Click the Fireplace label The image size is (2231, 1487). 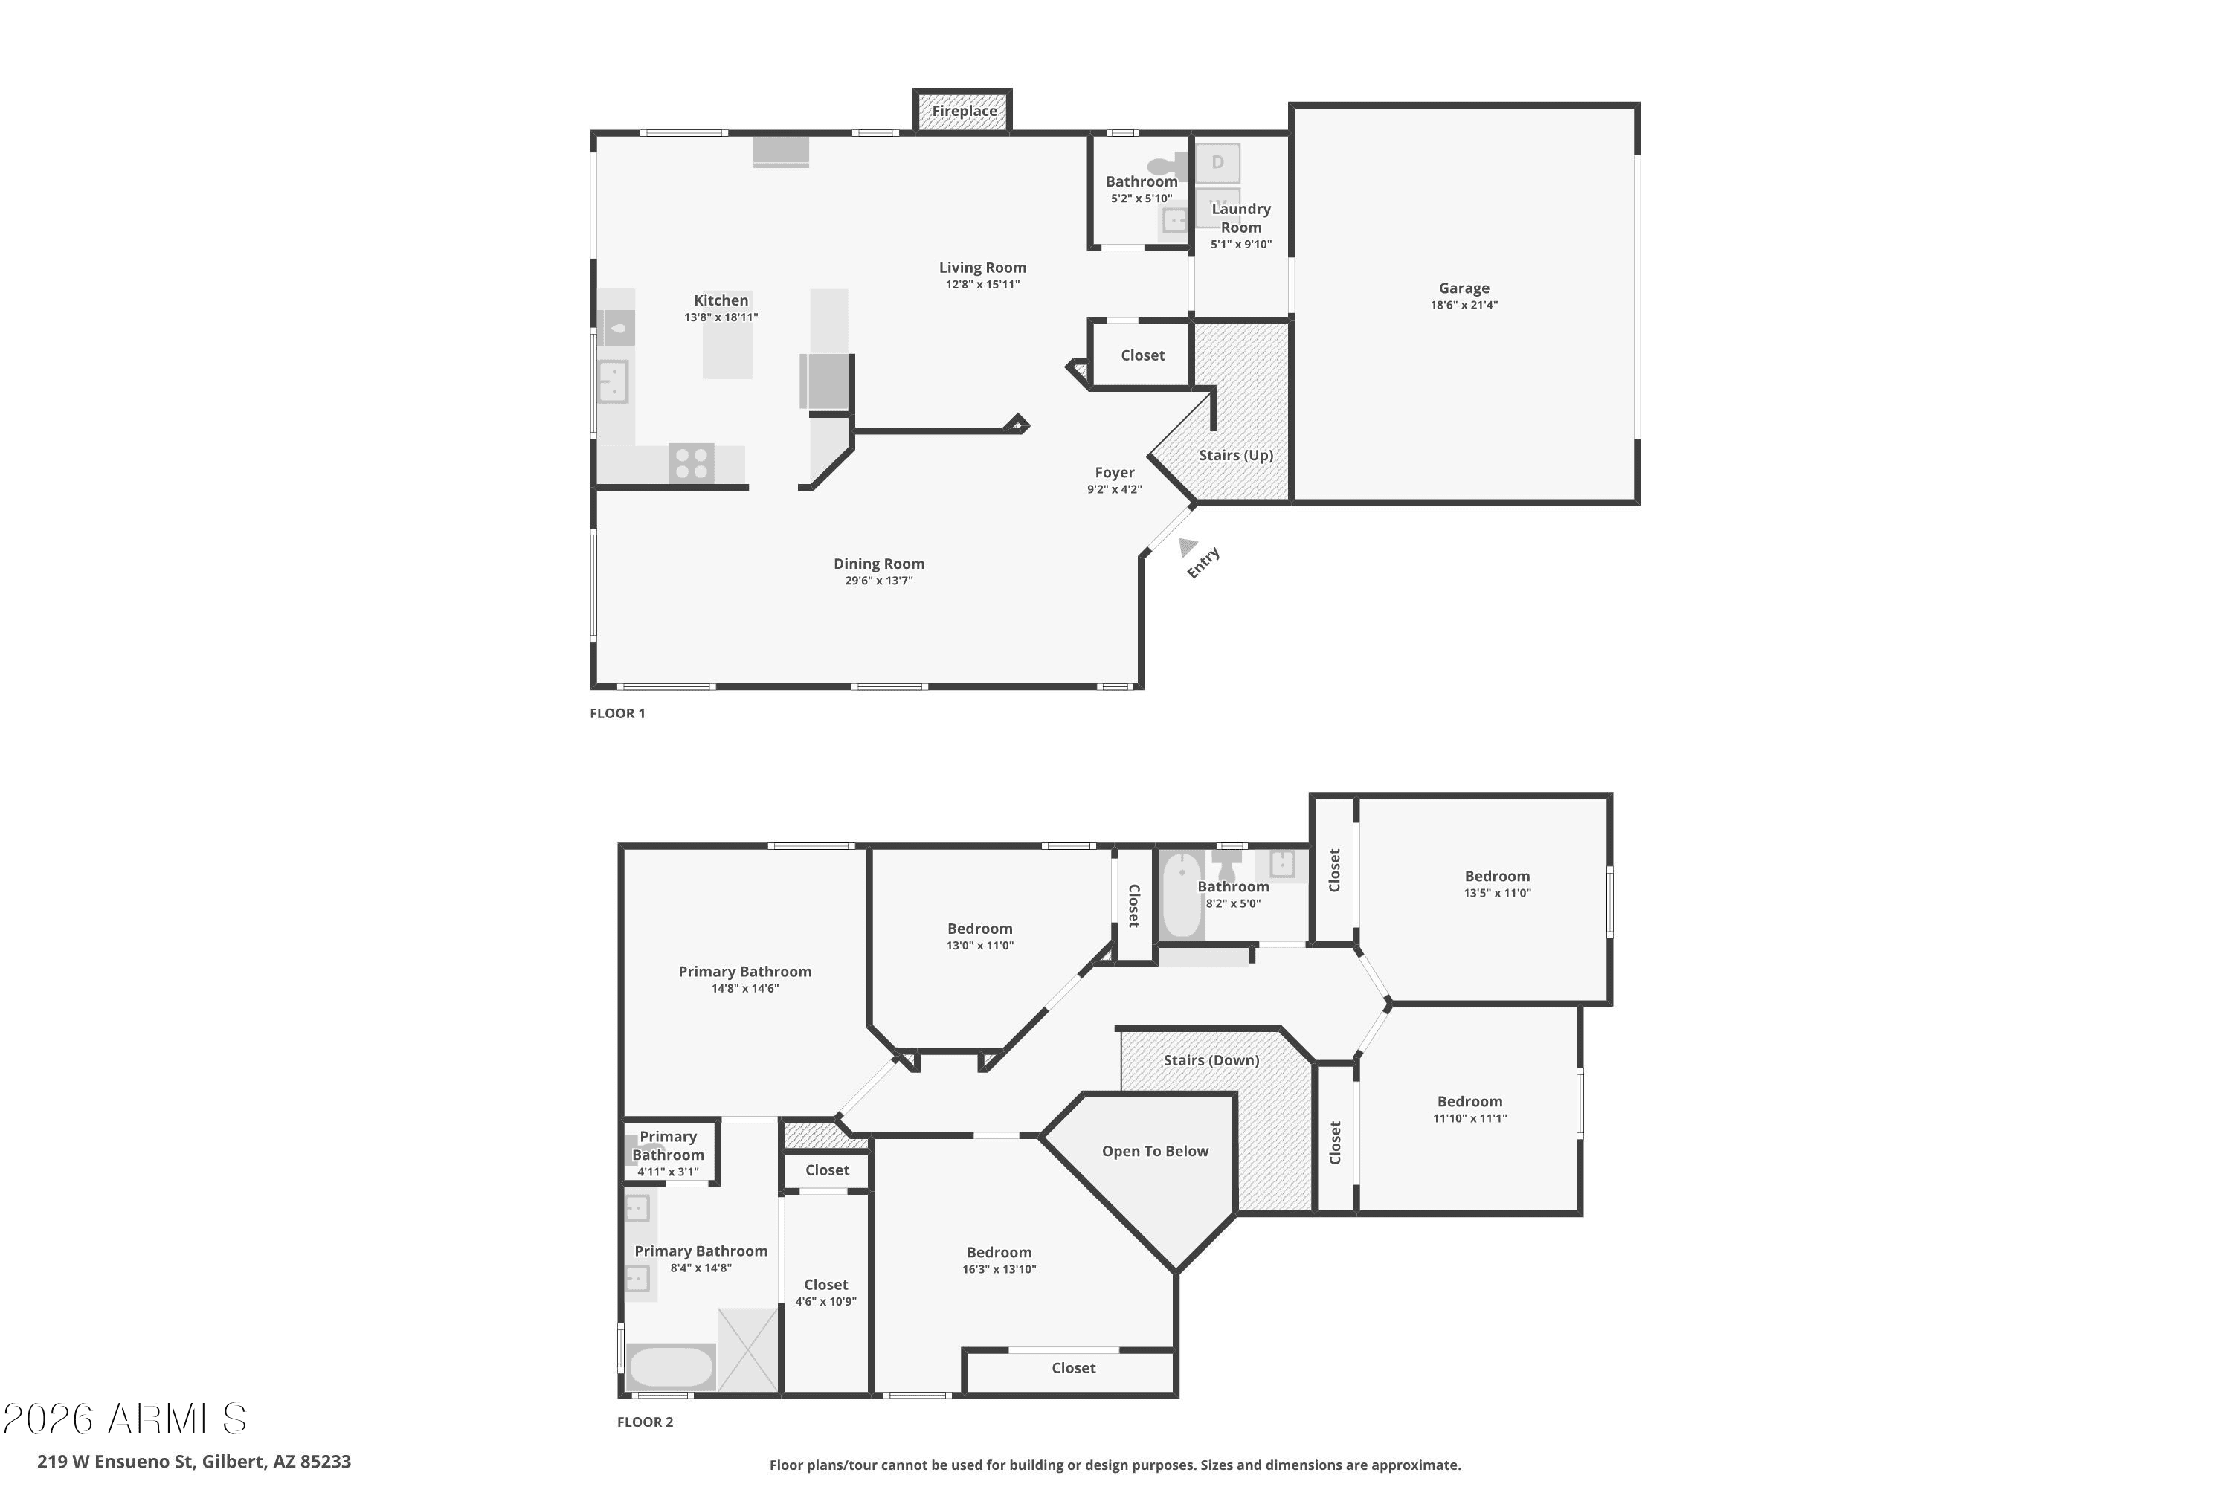[964, 111]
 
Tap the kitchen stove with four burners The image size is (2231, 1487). [691, 464]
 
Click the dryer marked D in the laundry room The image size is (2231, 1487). [1218, 163]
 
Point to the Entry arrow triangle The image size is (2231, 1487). [1187, 547]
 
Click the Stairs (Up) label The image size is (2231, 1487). [1236, 455]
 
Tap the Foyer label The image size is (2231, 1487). [1115, 472]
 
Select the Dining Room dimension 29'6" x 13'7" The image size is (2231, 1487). [879, 581]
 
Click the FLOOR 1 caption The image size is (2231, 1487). [617, 713]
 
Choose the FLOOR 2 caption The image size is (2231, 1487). [645, 1422]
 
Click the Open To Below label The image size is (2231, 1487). [1156, 1151]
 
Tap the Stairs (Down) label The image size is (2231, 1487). [1211, 1060]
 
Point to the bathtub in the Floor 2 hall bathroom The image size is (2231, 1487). [1182, 895]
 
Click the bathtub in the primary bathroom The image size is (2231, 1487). [670, 1367]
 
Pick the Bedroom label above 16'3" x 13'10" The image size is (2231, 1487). [999, 1253]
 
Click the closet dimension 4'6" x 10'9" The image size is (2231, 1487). [825, 1302]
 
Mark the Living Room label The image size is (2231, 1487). [982, 268]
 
